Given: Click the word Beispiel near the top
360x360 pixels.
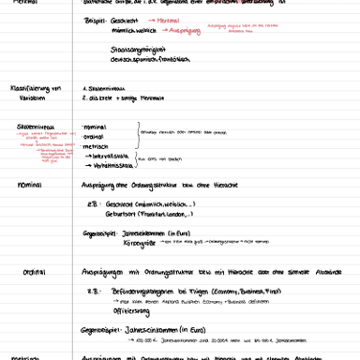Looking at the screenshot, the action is click(x=97, y=19).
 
